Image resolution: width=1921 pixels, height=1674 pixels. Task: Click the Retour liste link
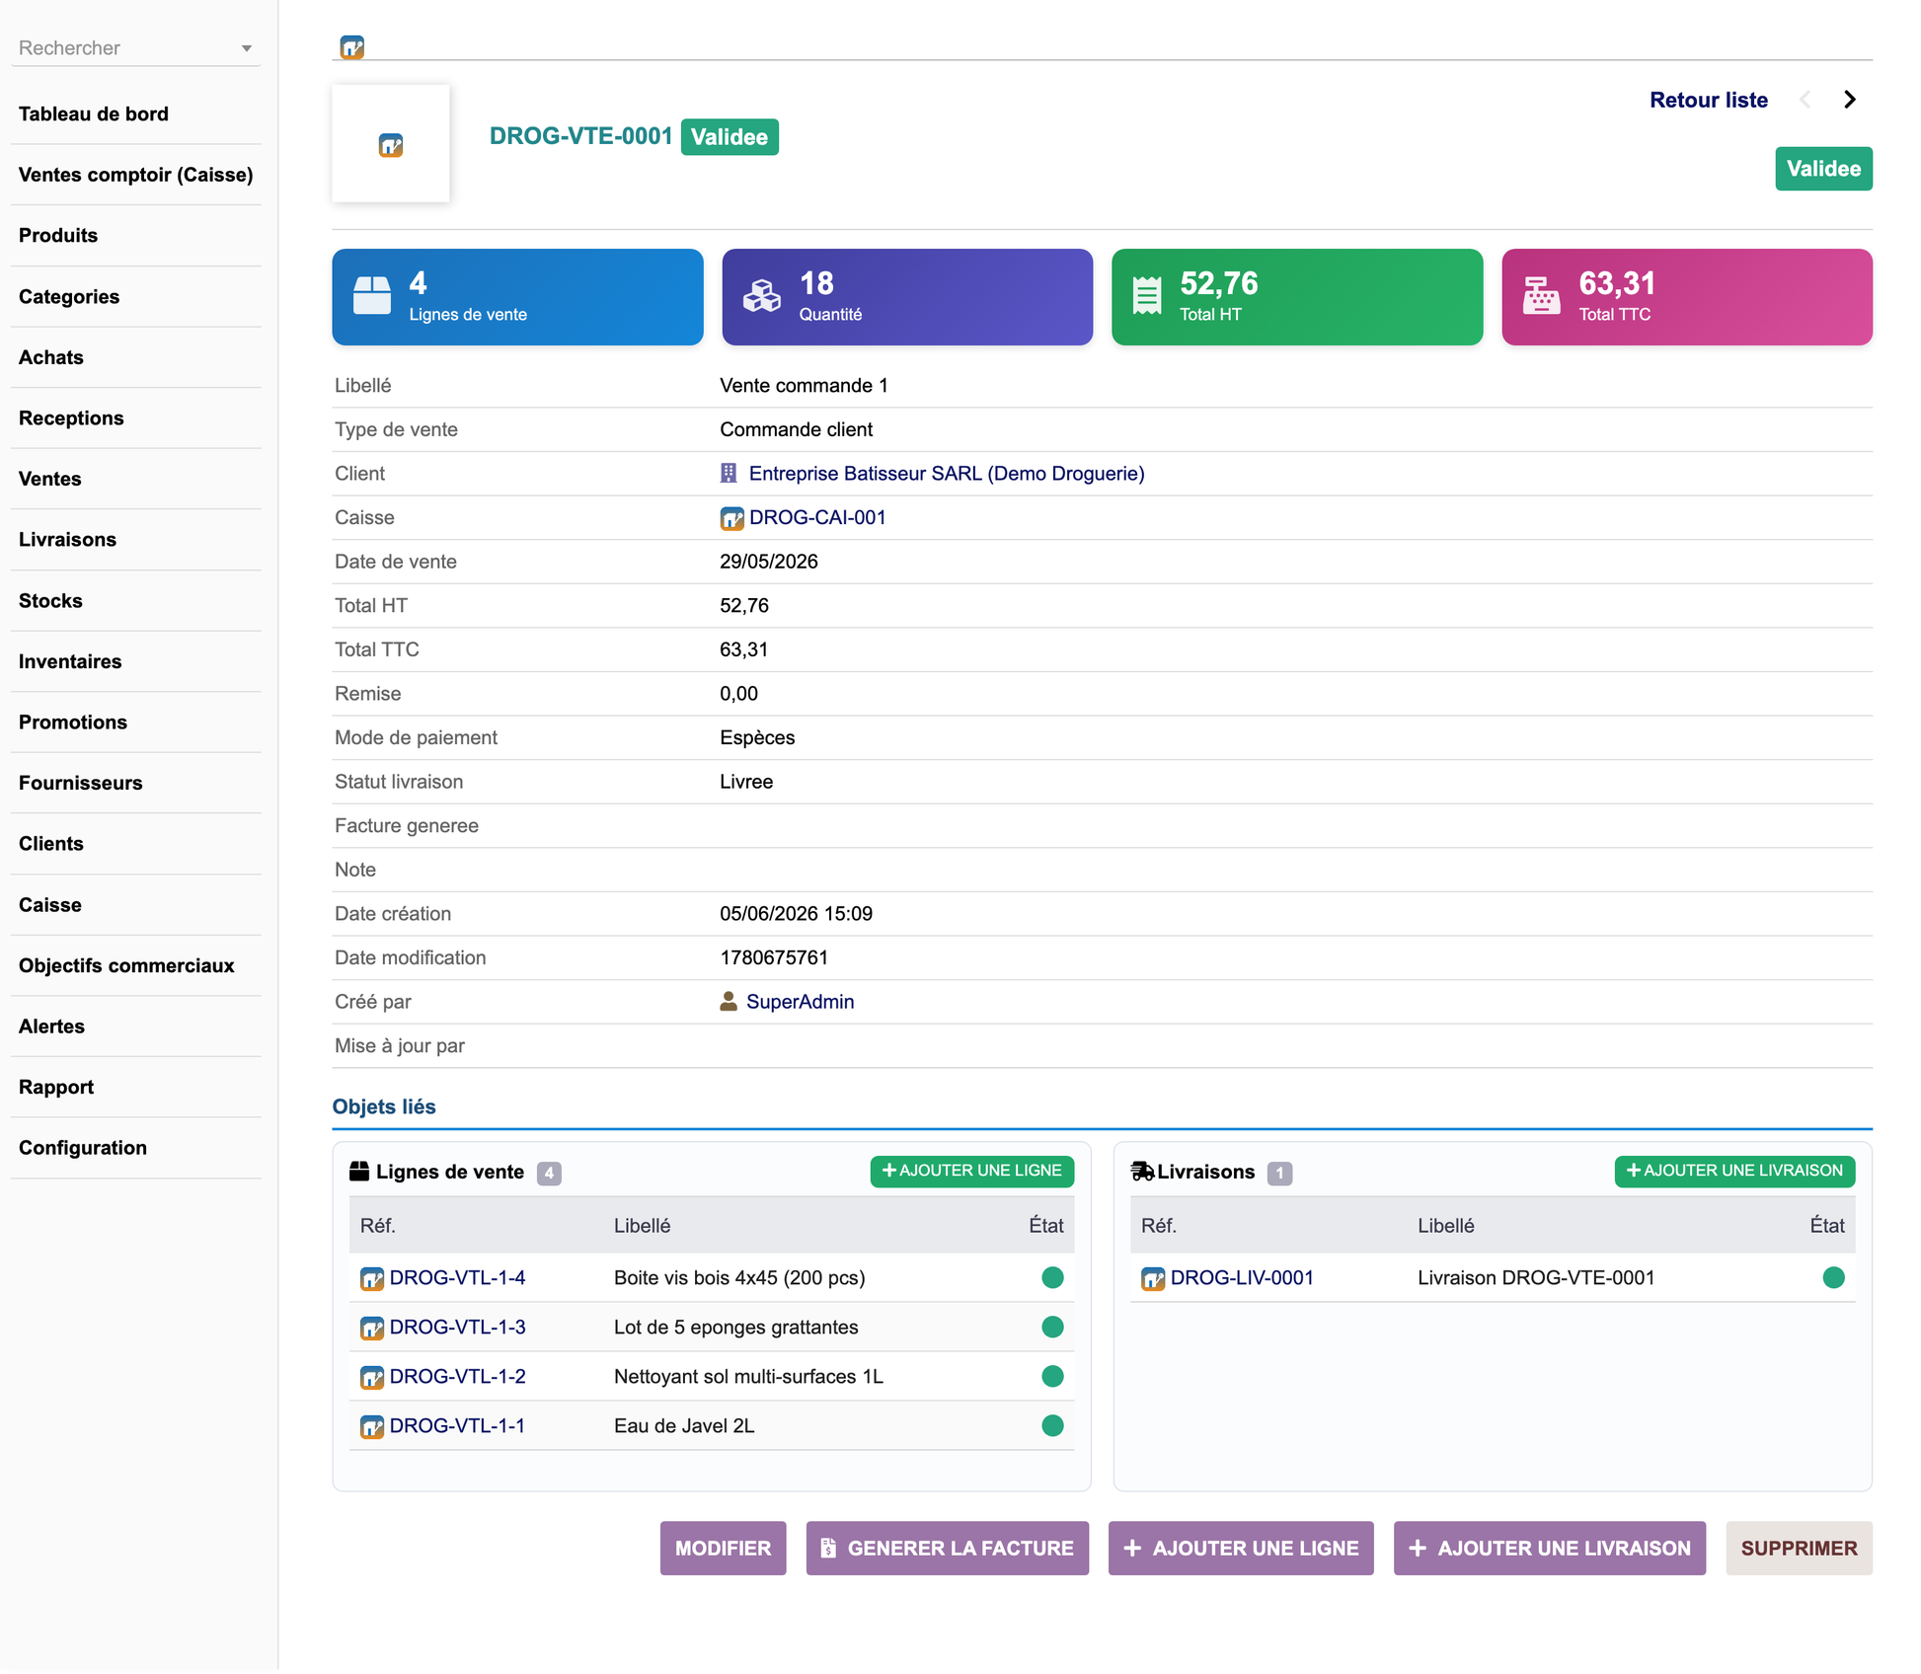coord(1708,100)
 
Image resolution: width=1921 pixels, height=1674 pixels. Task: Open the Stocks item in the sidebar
coord(50,600)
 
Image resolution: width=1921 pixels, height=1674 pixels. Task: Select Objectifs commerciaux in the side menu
coord(126,965)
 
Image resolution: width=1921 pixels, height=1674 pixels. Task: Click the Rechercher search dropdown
coord(135,47)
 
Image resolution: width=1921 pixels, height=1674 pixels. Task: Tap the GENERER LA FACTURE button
coord(947,1548)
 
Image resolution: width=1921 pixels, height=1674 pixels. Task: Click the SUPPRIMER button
coord(1799,1548)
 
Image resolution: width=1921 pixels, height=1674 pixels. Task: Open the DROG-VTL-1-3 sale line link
coord(457,1327)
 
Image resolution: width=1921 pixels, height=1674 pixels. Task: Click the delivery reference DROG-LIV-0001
coord(1242,1277)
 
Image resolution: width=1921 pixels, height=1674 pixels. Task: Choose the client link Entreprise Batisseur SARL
coord(947,474)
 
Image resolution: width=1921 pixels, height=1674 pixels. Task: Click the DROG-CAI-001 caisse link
coord(817,517)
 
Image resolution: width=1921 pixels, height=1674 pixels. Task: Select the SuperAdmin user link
coord(800,1002)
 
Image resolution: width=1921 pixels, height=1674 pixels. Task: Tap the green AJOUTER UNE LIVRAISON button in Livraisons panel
coord(1734,1171)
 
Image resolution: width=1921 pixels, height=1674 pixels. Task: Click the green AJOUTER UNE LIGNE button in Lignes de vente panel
coord(971,1171)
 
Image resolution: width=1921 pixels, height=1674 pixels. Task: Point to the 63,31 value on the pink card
coord(1617,283)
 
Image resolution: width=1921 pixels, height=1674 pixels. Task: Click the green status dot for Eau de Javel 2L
coord(1052,1425)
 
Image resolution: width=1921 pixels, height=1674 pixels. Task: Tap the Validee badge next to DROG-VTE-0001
coord(730,137)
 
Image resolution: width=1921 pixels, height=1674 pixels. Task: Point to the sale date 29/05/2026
coord(769,562)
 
